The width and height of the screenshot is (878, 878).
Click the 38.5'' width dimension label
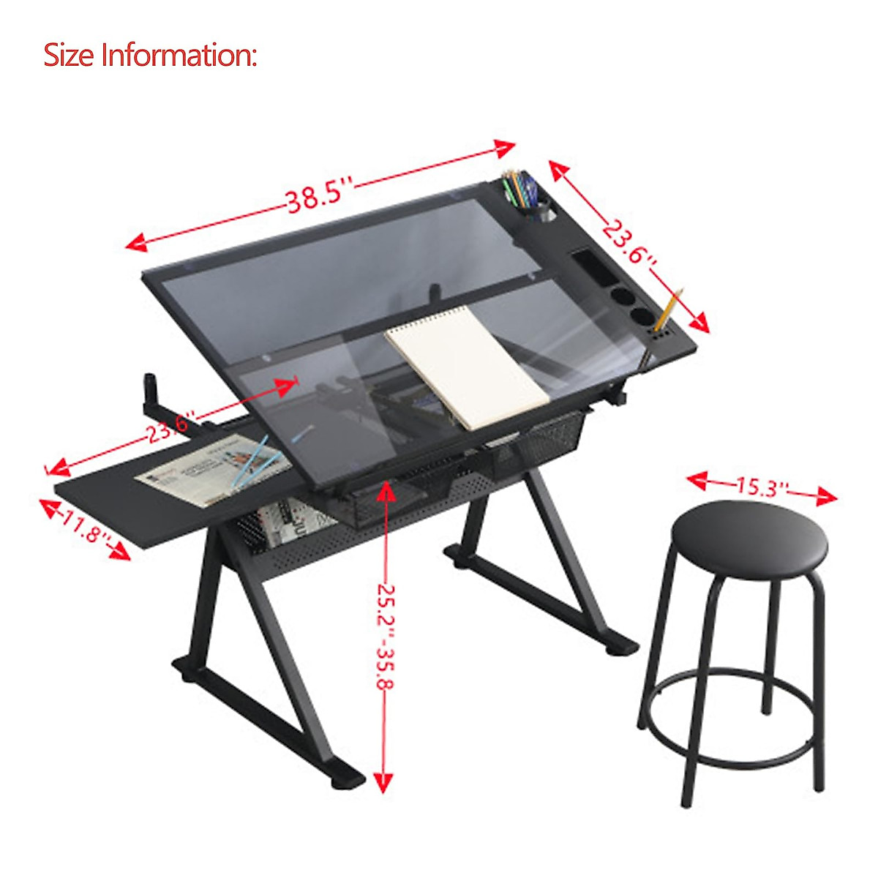pyautogui.click(x=319, y=198)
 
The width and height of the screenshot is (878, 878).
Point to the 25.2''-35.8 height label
pyautogui.click(x=386, y=637)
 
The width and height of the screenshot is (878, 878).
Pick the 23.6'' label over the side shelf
pyautogui.click(x=169, y=428)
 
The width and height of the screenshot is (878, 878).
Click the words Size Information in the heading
pyautogui.click(x=150, y=55)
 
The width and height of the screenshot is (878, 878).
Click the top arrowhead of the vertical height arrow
pyautogui.click(x=386, y=492)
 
